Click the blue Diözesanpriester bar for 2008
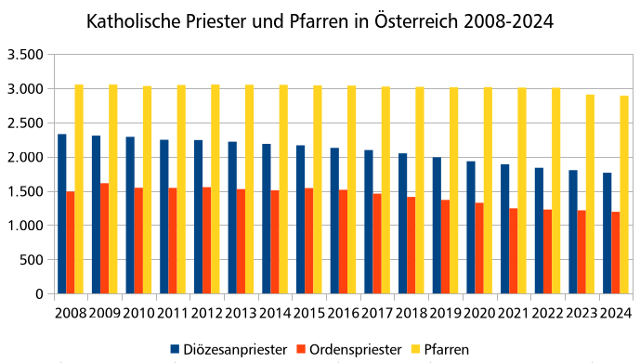tap(62, 214)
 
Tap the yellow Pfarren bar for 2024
tap(624, 195)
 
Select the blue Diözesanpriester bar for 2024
tap(607, 233)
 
